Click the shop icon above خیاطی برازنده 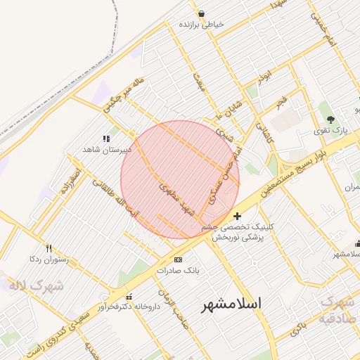(202, 13)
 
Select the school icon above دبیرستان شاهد (107, 139)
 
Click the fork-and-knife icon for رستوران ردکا (49, 248)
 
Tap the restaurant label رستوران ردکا (48, 259)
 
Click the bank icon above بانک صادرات (178, 259)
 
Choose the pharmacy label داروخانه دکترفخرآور (127, 307)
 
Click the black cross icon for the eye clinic (237, 216)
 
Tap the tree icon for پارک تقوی (330, 119)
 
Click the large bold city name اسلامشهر (231, 304)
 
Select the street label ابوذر (264, 78)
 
